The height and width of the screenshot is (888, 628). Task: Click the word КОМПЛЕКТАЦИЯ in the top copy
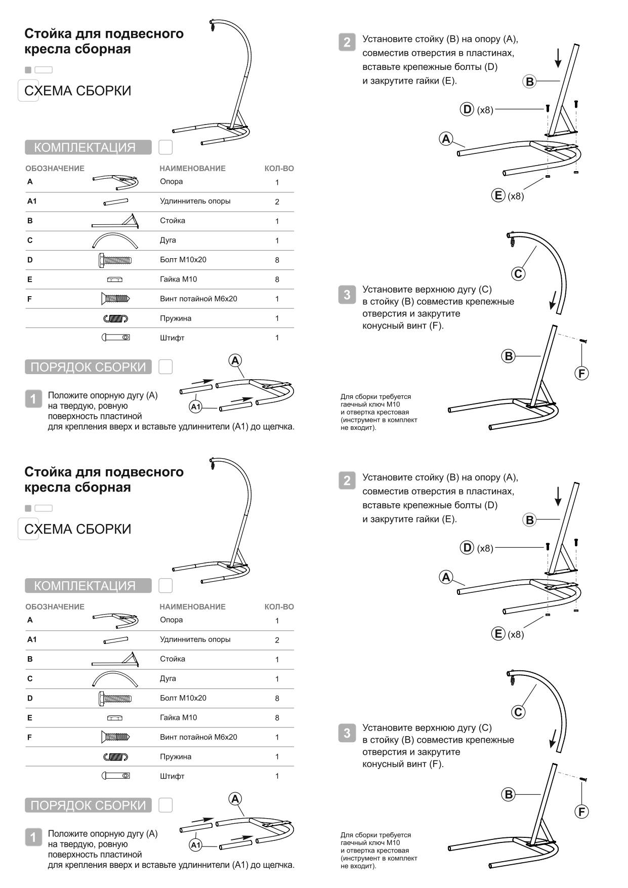tap(85, 147)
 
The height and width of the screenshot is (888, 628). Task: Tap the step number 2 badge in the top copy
tap(347, 42)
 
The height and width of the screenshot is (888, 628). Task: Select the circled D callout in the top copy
tap(467, 109)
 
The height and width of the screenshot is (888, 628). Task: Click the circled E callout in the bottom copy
tap(498, 633)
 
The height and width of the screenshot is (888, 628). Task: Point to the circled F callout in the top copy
tap(581, 374)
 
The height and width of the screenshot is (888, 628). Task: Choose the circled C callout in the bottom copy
tap(518, 712)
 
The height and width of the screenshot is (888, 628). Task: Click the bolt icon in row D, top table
tap(115, 260)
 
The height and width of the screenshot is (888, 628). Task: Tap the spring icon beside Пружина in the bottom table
tap(115, 757)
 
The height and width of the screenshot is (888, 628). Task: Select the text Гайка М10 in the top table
tap(178, 279)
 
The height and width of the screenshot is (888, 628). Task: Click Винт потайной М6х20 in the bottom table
tap(198, 737)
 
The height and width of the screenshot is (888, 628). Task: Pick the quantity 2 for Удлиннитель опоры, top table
tap(277, 201)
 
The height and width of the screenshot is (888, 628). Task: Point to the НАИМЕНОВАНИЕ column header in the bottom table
tap(192, 607)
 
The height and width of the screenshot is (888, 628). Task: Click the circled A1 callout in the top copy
tap(196, 407)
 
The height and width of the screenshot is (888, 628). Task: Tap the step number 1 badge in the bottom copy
tap(33, 837)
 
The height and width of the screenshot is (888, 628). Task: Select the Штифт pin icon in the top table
tap(115, 337)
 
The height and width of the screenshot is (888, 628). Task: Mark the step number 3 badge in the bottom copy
tap(347, 733)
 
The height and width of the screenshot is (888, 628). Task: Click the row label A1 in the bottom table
tap(32, 639)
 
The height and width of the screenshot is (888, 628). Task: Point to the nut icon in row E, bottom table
tap(115, 718)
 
